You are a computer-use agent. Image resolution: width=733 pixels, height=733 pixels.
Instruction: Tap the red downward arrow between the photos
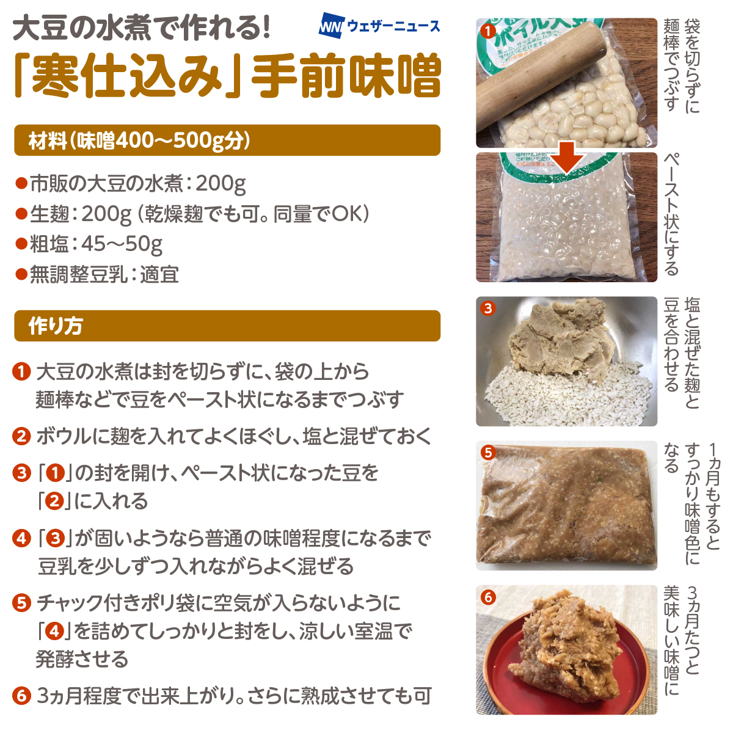coord(566,158)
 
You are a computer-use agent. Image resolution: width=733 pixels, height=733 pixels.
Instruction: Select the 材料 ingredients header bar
coord(227,140)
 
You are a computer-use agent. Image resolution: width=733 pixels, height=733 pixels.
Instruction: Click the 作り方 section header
coord(227,326)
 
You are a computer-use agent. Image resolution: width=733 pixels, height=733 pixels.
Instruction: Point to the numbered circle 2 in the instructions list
coord(21,436)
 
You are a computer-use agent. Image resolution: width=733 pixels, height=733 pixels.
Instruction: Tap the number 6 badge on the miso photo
coord(488,597)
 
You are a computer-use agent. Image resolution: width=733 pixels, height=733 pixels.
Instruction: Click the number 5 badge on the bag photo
coord(488,453)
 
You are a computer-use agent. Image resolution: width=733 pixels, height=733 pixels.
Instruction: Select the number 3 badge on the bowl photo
coord(488,308)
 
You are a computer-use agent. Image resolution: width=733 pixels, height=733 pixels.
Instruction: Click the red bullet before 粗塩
coord(21,244)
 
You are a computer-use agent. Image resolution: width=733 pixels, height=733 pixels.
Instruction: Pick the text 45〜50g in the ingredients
coord(122,244)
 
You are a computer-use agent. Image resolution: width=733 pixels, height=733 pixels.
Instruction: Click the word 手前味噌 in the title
coord(345,75)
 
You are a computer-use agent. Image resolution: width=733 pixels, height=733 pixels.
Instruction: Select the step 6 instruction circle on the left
coord(21,695)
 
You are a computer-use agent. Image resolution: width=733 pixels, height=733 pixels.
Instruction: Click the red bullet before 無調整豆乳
coord(21,274)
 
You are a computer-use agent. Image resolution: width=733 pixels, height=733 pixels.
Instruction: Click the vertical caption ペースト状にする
coord(671,214)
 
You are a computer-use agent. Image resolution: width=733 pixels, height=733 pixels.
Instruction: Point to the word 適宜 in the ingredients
coord(159,274)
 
